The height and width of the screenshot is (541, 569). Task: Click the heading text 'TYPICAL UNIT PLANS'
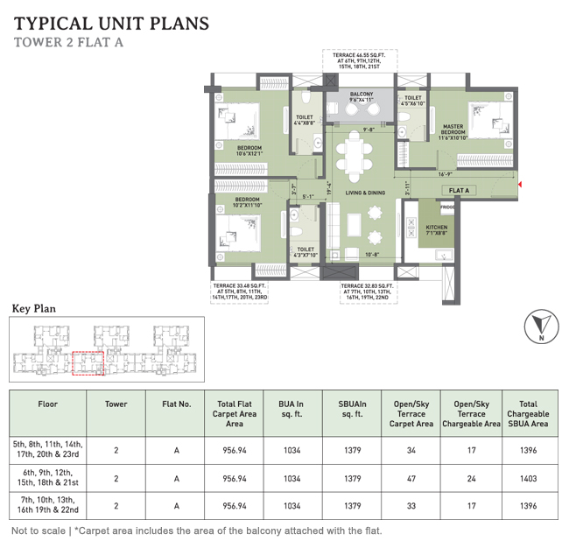click(111, 22)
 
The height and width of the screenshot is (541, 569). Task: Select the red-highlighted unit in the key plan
click(87, 363)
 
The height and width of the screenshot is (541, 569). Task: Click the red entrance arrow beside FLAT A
click(520, 185)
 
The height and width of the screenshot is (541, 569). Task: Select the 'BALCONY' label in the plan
click(362, 97)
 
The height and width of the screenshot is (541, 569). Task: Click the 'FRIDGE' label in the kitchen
click(446, 207)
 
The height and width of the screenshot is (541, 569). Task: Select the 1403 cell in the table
click(527, 479)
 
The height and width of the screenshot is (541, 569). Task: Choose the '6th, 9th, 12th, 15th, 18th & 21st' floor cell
click(47, 479)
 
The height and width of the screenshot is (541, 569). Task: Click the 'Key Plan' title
click(33, 308)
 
